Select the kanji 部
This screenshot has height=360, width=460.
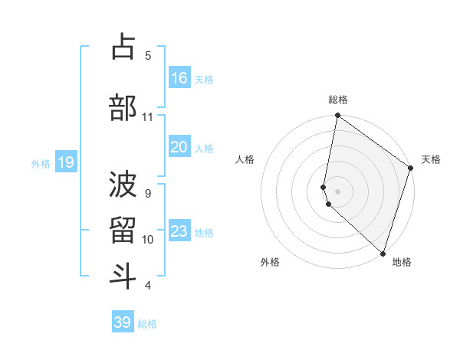(x=123, y=107)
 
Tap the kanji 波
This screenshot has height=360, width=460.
(x=123, y=183)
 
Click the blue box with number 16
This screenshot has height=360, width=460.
(x=179, y=78)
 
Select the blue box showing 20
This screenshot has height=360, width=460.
(x=179, y=147)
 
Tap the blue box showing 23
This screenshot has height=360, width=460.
(x=179, y=231)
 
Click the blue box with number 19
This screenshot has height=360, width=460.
(x=65, y=162)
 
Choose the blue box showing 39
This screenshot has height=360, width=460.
(x=123, y=322)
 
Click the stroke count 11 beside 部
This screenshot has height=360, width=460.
(x=148, y=117)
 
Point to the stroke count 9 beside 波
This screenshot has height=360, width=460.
(x=148, y=194)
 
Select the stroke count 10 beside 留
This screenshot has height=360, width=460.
(x=148, y=240)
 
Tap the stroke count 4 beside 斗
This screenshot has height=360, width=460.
(x=148, y=286)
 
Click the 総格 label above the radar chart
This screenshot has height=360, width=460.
(x=338, y=100)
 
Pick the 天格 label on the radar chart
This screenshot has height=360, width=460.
(x=431, y=159)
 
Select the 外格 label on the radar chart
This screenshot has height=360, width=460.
(x=270, y=262)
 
